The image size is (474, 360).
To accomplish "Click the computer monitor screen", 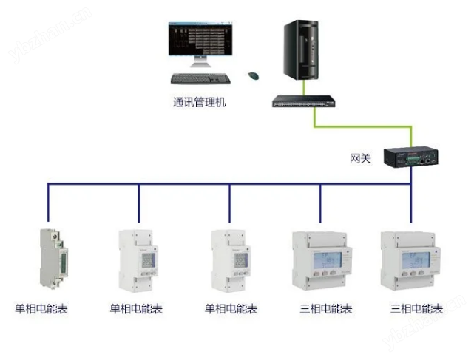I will [200, 44].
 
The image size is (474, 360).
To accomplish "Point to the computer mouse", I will [253, 75].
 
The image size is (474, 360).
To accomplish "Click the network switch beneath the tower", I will [304, 101].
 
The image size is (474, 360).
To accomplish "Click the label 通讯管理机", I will [197, 103].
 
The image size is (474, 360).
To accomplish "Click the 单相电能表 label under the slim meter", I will [42, 309].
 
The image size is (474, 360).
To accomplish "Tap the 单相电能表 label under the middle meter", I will [231, 309].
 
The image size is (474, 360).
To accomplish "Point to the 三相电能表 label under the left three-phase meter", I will [326, 309].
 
